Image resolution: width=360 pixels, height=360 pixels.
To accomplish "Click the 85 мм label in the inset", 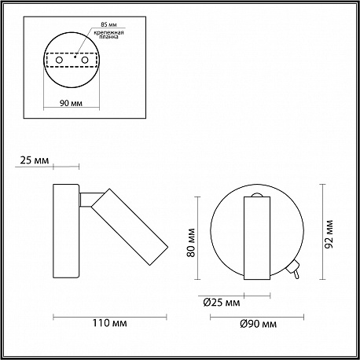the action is (x=108, y=24).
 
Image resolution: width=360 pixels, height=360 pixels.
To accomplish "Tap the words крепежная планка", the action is (x=108, y=35).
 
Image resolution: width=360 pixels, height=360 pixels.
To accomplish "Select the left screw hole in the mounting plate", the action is (x=59, y=60).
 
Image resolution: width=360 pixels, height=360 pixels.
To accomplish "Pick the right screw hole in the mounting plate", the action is (x=84, y=60).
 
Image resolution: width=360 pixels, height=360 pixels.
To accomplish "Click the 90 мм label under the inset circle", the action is (x=71, y=103).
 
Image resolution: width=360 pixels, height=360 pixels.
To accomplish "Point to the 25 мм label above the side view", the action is (x=35, y=160).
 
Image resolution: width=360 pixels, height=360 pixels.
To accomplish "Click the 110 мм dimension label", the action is (x=109, y=323).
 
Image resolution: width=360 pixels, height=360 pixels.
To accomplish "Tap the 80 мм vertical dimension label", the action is (x=192, y=243).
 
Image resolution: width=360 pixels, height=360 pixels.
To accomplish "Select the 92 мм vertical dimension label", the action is (x=329, y=234).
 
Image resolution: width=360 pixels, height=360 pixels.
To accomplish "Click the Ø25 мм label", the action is (x=222, y=303).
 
